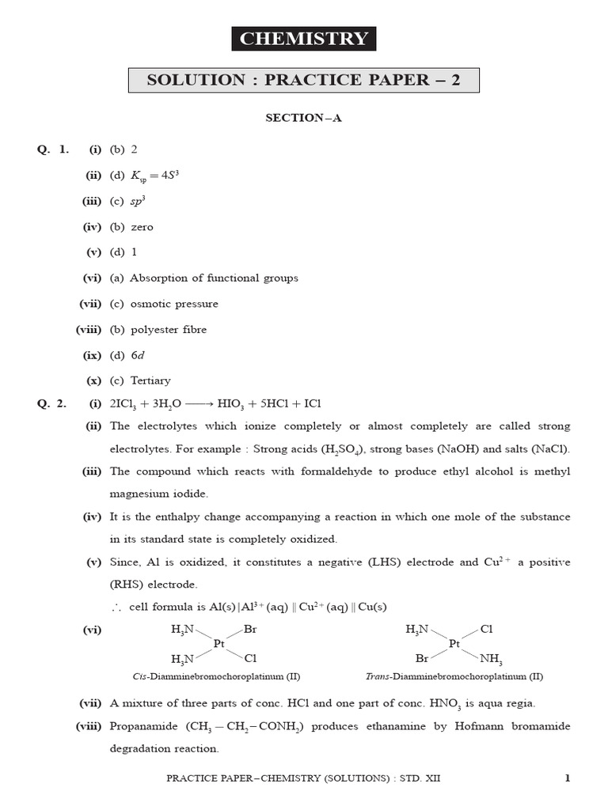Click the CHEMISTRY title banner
click(303, 39)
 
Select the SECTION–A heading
click(303, 119)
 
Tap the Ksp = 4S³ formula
click(156, 175)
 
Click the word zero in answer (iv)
click(142, 227)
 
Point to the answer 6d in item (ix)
click(138, 354)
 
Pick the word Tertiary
click(150, 380)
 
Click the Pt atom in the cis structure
click(219, 644)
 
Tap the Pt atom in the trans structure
click(454, 644)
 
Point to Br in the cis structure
click(250, 630)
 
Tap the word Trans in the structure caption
click(378, 677)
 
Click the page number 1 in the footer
click(567, 778)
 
